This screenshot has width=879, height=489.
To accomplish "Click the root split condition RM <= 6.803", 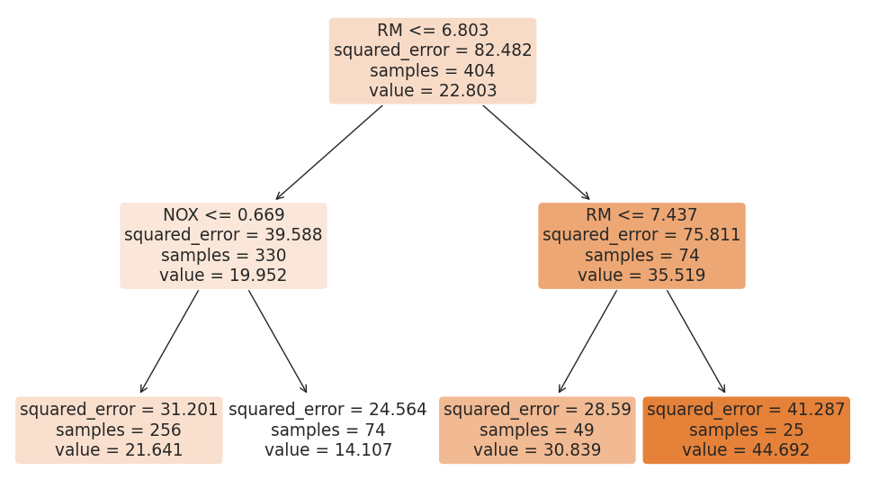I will [x=433, y=31].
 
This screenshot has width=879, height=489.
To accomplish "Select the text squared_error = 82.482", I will [x=433, y=50].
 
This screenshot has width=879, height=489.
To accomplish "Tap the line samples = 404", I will [x=433, y=71].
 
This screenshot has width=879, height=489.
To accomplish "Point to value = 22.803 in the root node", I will [x=433, y=91].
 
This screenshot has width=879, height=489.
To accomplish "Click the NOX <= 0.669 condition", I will [x=223, y=215].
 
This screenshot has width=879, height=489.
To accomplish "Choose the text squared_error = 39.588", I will [x=223, y=235].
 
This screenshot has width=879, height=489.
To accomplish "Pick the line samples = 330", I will [x=223, y=256].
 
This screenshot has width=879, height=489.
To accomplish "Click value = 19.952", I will [x=223, y=276].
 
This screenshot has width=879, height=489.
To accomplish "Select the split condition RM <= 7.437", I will [x=641, y=215].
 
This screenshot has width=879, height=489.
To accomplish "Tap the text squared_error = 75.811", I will [x=641, y=235].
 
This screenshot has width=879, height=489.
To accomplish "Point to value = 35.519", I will [x=641, y=276].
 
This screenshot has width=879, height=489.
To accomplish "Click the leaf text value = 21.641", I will [x=119, y=450].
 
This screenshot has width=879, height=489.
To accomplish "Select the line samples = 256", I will [x=119, y=430].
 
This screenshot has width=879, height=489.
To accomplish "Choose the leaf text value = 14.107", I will [x=327, y=450].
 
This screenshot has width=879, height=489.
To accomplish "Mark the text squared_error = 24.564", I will [x=327, y=410].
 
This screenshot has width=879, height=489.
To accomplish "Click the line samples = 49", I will [x=537, y=430].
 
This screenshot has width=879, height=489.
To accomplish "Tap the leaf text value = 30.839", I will [x=537, y=450].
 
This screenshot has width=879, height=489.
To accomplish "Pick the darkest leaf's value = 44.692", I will [x=746, y=450].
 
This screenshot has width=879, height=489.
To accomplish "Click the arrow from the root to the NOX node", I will [x=329, y=152].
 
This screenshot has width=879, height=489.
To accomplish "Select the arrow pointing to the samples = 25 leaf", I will [x=695, y=340].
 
